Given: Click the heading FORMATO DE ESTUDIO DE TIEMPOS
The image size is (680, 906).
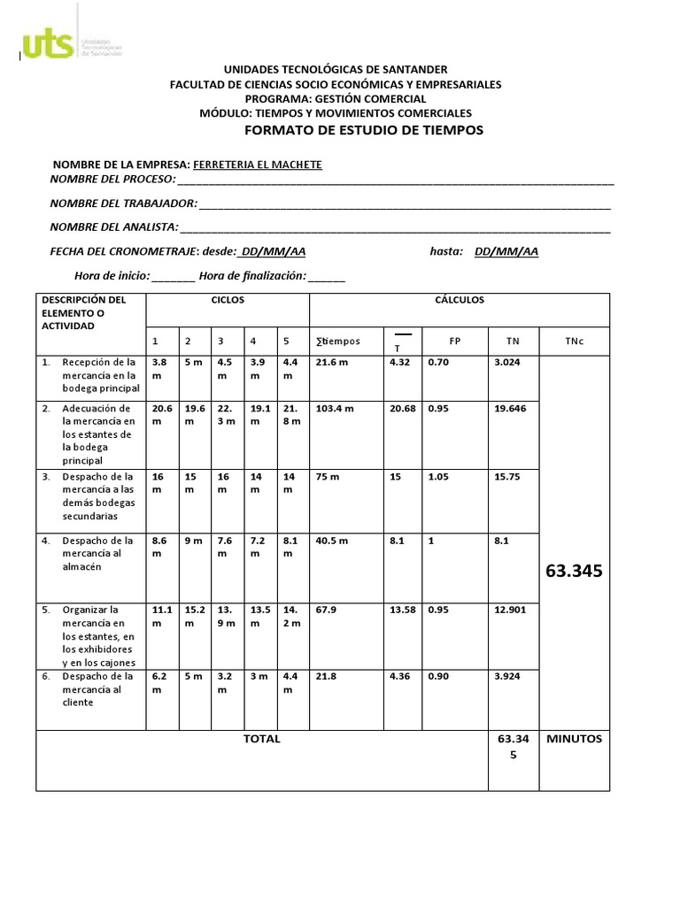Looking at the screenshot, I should (363, 130).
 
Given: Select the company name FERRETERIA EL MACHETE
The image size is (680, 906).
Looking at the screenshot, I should (257, 165).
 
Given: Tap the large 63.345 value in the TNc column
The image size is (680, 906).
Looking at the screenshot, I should (575, 572).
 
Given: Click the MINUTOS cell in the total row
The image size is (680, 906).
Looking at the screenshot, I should (574, 739).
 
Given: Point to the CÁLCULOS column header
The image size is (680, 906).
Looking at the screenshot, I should (459, 300).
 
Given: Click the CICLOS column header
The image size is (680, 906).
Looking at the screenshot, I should (228, 300).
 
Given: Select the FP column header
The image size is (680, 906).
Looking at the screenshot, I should (455, 341).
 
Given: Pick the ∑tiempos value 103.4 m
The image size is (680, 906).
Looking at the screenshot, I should (335, 409).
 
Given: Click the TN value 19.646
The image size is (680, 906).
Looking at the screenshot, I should (510, 409).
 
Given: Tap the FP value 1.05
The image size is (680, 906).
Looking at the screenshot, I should (439, 476).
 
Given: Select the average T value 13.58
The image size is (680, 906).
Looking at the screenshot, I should (402, 610).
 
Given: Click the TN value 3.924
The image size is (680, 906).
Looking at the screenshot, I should (507, 677).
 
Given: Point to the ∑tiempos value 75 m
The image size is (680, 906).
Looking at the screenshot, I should (328, 476).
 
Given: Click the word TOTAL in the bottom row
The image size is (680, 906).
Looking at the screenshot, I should (261, 739).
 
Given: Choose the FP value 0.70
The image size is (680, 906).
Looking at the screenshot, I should (437, 363).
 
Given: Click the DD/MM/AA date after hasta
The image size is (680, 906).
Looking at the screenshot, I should (506, 251).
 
